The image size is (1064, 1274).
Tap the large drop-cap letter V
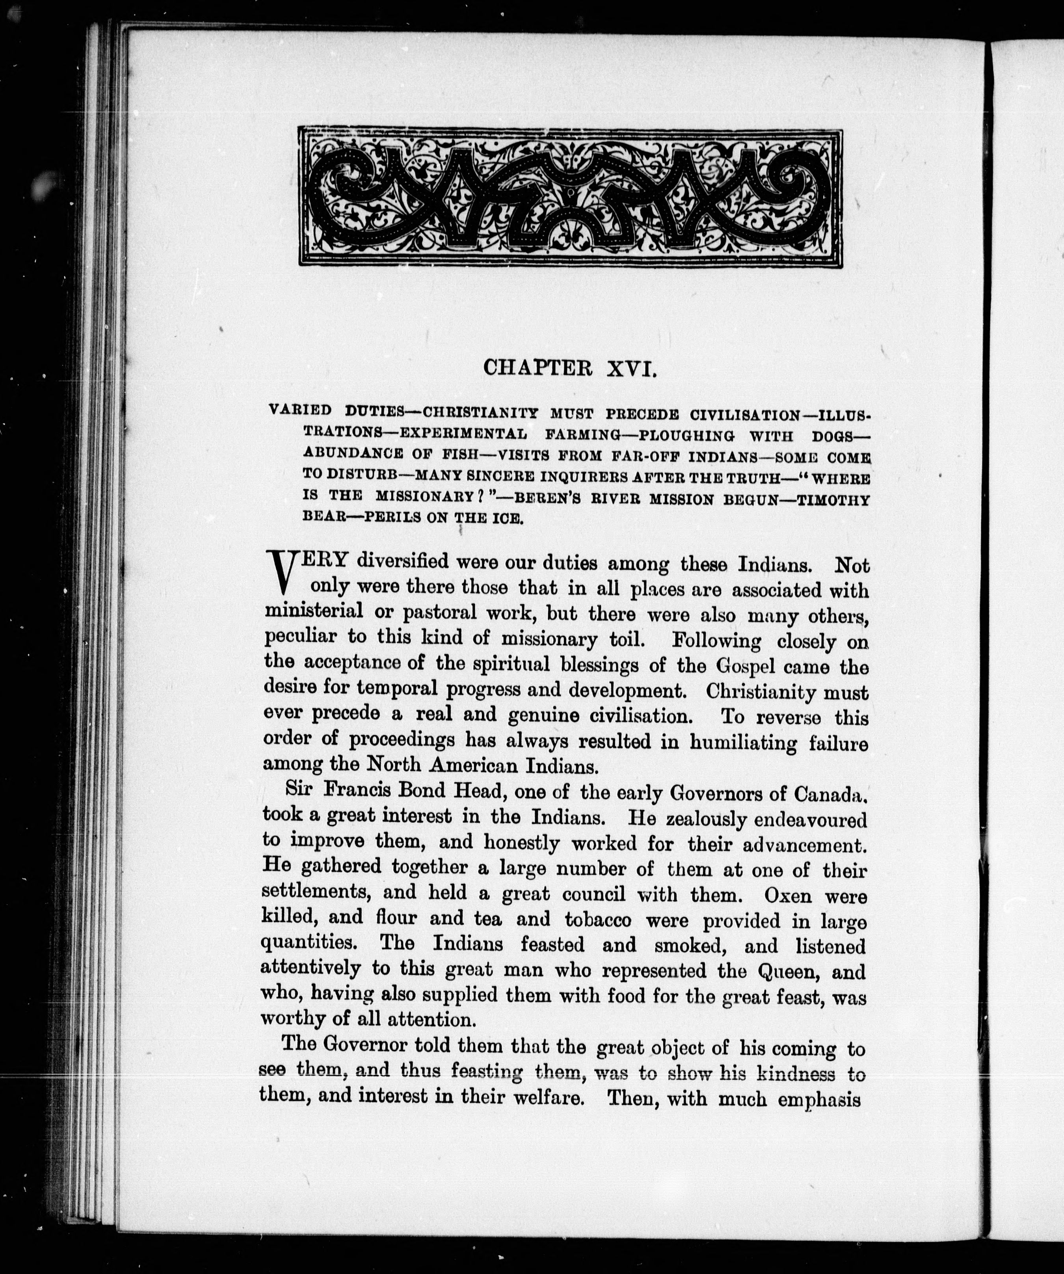[280, 572]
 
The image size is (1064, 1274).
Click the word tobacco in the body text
[597, 920]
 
